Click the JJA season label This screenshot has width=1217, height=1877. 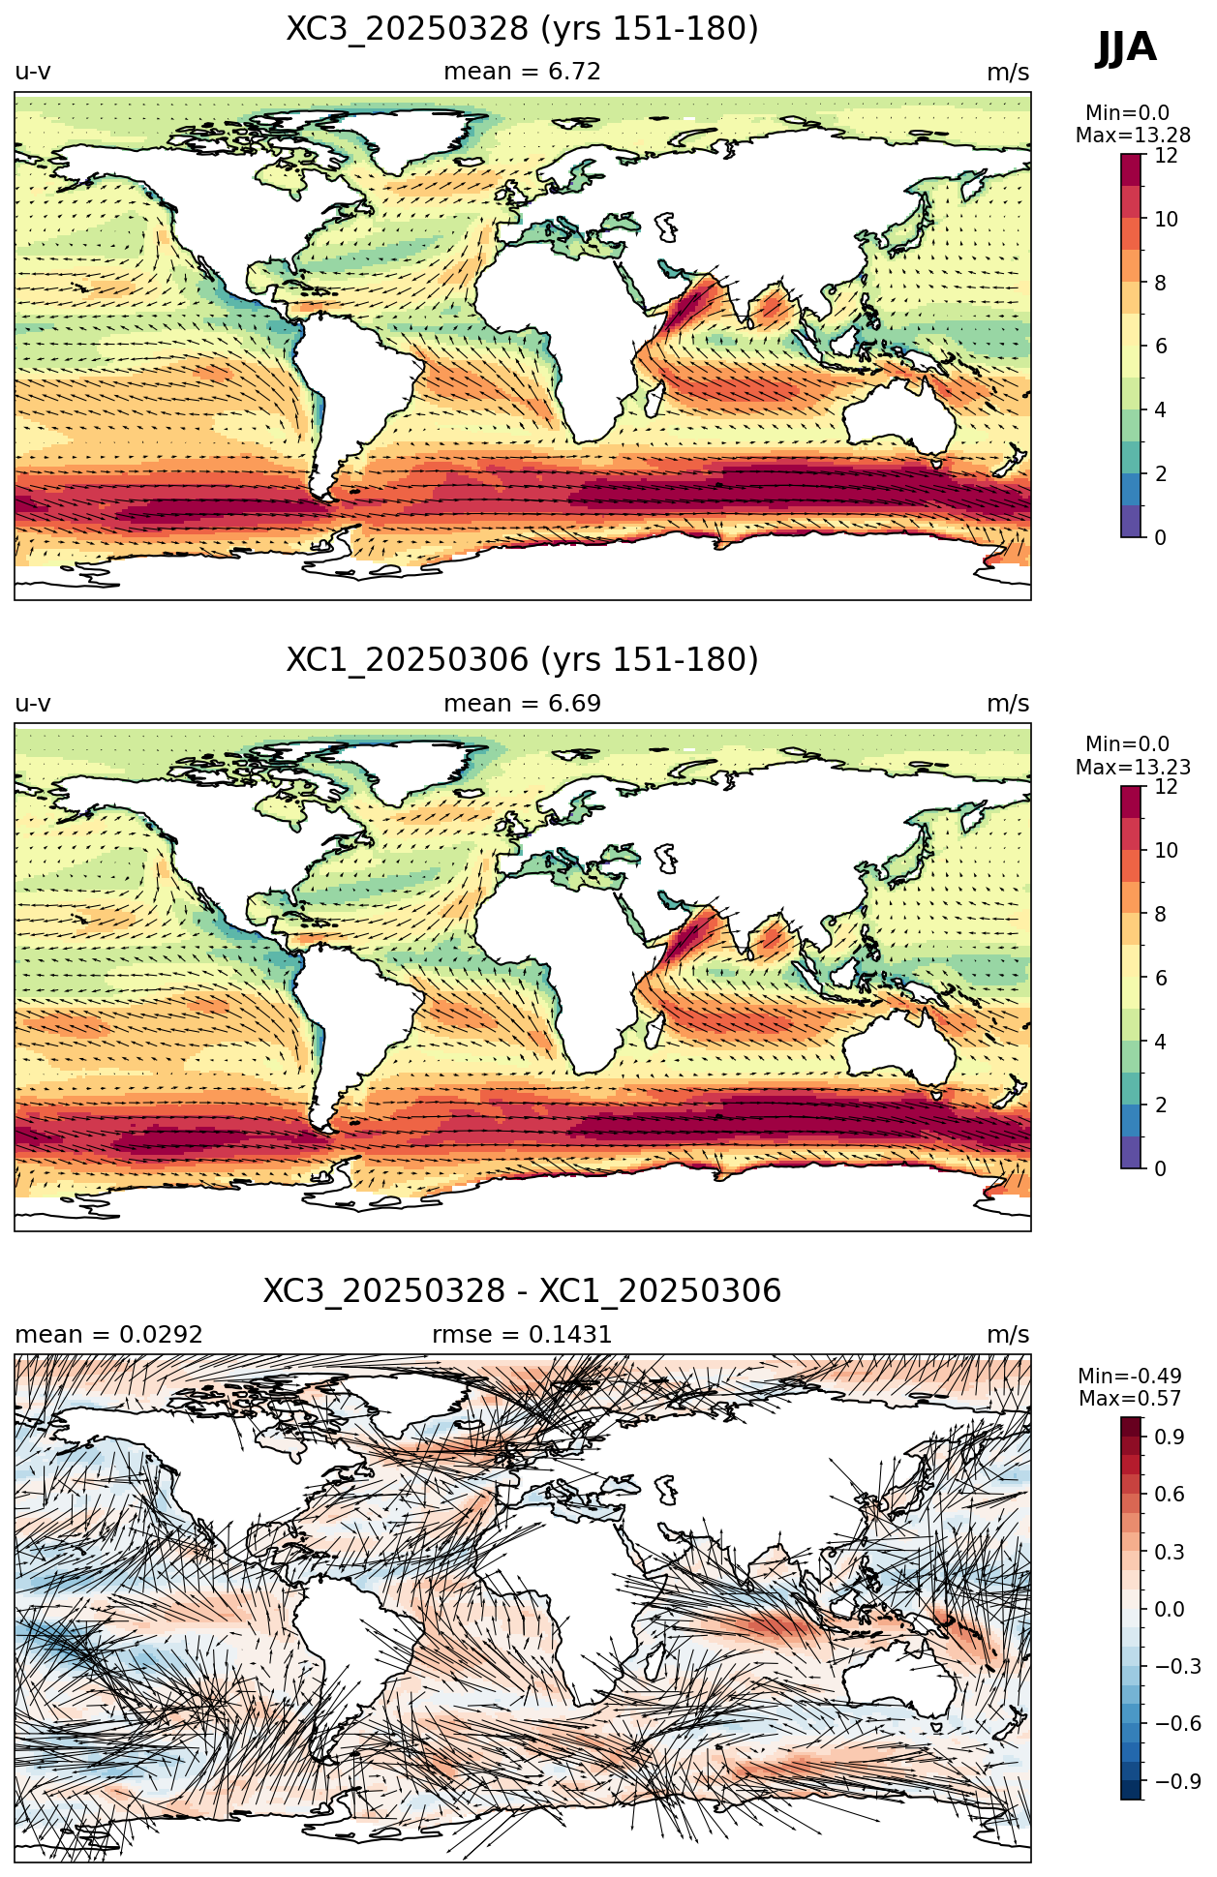click(1126, 47)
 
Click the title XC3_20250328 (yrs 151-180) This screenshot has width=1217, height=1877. click(522, 29)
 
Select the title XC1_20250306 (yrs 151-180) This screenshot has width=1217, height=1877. click(522, 660)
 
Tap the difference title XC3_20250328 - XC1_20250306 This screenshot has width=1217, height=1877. click(522, 1291)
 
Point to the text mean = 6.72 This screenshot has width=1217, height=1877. click(522, 72)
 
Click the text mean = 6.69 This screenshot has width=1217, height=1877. click(522, 704)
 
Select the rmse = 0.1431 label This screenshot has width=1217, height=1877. click(522, 1335)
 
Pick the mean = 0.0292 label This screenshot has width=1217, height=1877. click(108, 1335)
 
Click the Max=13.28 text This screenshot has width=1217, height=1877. click(1133, 136)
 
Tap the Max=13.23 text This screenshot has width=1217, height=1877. click(1133, 768)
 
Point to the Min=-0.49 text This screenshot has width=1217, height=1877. click(1130, 1376)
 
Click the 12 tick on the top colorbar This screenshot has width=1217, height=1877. click(1166, 156)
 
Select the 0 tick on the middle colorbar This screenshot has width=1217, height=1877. click(1160, 1168)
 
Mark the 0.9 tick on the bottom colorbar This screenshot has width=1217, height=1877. click(1169, 1437)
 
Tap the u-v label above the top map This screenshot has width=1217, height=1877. click(33, 73)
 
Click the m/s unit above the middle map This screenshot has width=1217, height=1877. click(1008, 704)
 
